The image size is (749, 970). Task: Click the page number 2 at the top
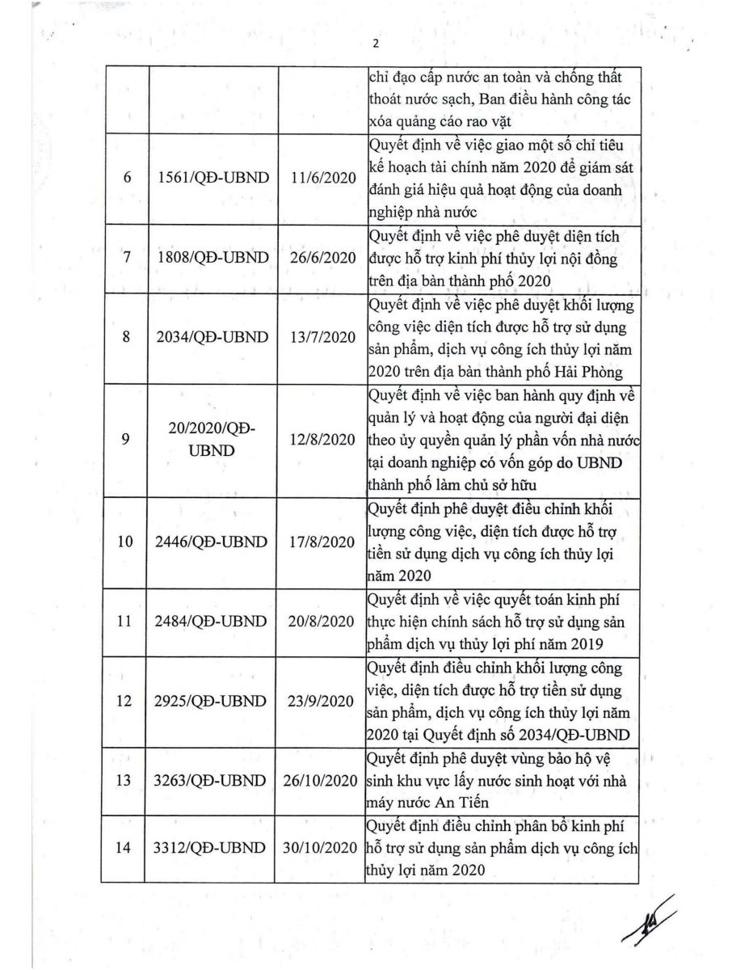[x=375, y=44]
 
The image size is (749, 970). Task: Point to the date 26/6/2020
[x=322, y=257]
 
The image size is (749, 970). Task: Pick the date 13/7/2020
[x=322, y=337]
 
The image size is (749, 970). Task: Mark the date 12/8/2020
[x=322, y=440]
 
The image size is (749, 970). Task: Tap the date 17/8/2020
[x=322, y=542]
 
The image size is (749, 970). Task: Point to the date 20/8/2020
[x=322, y=621]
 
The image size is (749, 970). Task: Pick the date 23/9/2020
[x=322, y=701]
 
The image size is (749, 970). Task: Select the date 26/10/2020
[x=322, y=781]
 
